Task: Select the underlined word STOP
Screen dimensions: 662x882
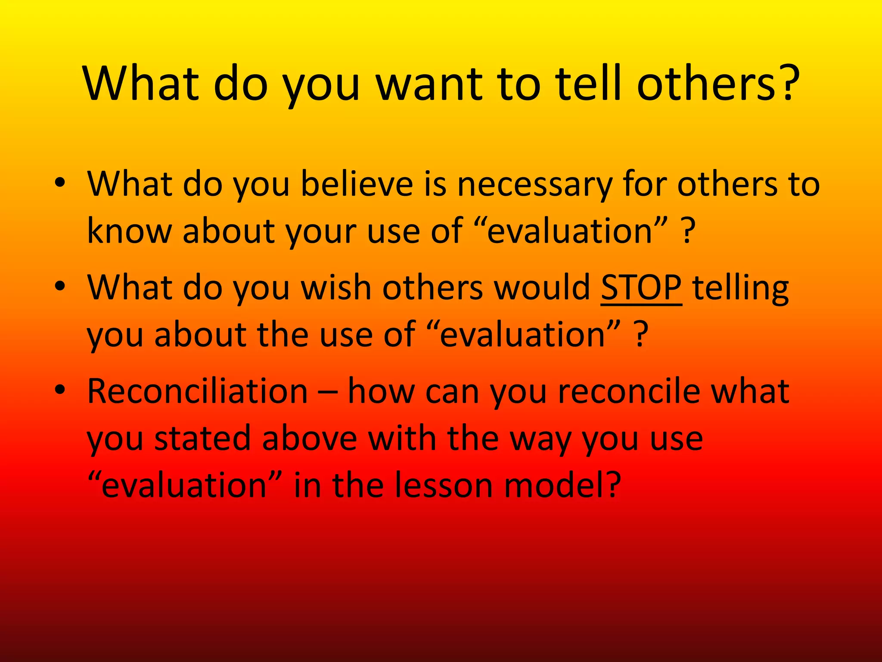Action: point(641,288)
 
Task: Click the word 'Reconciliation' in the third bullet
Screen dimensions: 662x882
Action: point(198,391)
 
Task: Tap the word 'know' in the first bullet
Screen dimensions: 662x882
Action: point(129,231)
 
